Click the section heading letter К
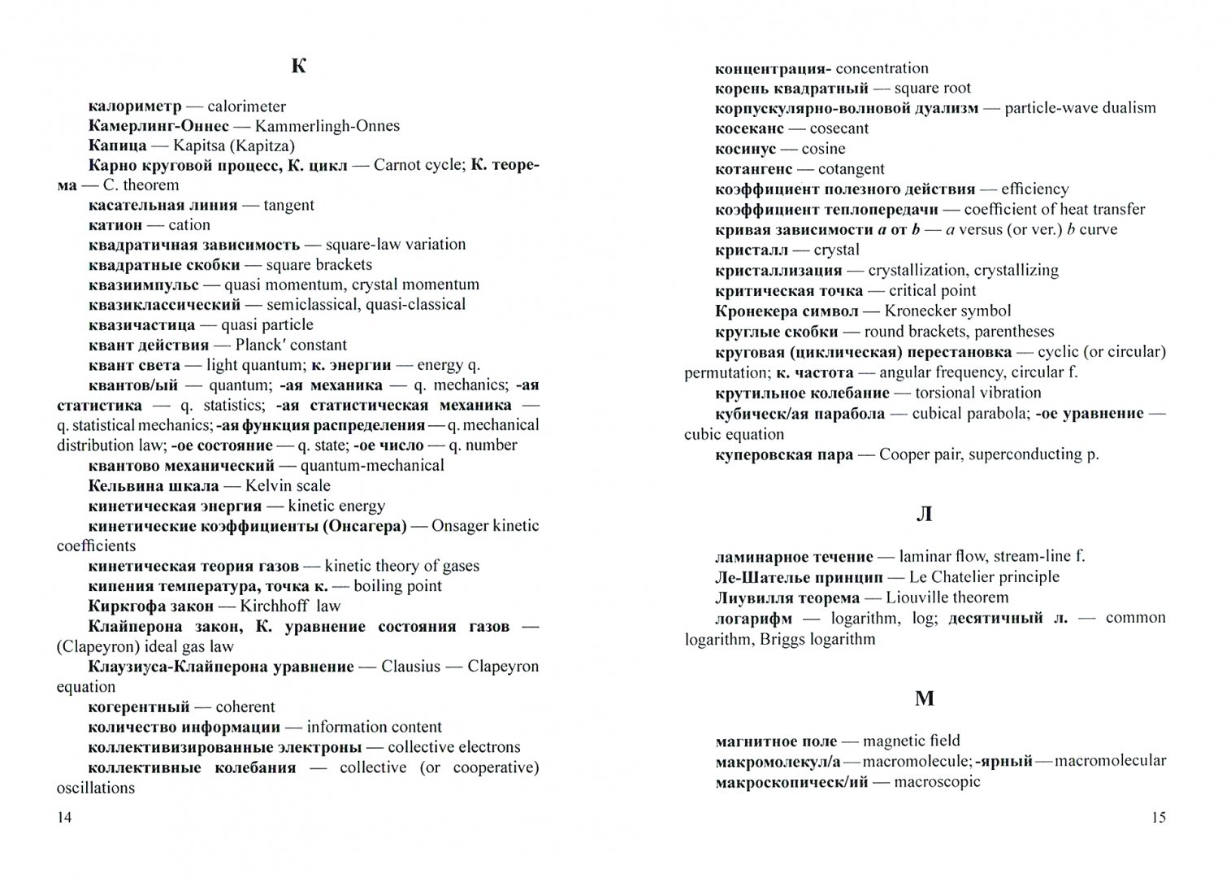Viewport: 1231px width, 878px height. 298,67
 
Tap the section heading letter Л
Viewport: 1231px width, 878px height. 924,515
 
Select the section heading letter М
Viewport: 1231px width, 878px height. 925,698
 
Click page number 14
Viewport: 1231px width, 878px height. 64,817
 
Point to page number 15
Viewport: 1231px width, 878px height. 1159,817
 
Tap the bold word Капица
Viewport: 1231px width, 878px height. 117,146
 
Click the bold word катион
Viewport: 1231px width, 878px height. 115,224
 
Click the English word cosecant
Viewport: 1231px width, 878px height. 839,128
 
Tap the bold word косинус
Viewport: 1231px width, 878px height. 745,149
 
